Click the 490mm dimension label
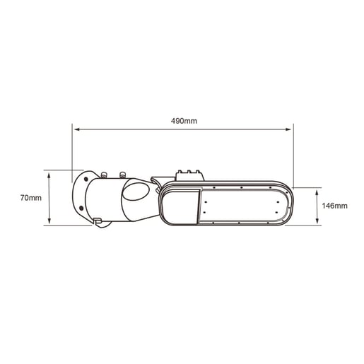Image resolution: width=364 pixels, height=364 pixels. click(184, 121)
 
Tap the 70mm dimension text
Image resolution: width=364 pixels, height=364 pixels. click(31, 198)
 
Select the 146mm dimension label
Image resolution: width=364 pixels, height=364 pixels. click(334, 206)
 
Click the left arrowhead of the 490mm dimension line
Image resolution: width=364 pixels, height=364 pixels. click(76, 129)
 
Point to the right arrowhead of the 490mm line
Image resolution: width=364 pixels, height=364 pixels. click(288, 129)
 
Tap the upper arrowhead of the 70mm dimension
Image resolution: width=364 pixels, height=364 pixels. click(49, 175)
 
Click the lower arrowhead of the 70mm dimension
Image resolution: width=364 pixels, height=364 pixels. click(49, 221)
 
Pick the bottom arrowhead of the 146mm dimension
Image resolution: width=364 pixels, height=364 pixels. click(317, 221)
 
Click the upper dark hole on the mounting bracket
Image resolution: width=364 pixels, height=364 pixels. click(86, 180)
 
